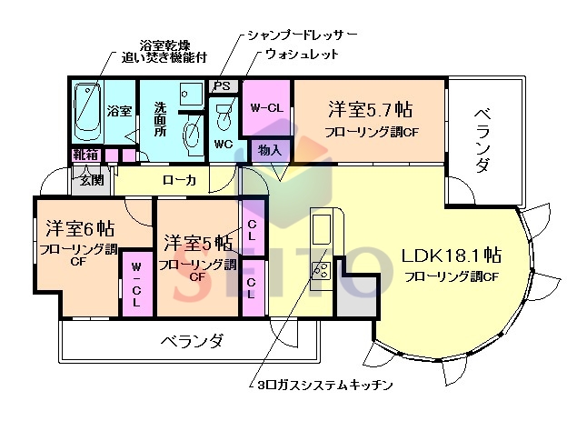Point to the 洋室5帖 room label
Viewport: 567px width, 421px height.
[x=196, y=244]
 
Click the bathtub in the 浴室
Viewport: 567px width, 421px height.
[x=88, y=110]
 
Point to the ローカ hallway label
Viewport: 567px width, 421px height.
[x=179, y=180]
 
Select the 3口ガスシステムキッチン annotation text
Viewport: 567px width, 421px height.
[x=324, y=385]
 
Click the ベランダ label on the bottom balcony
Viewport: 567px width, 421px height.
[x=193, y=341]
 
